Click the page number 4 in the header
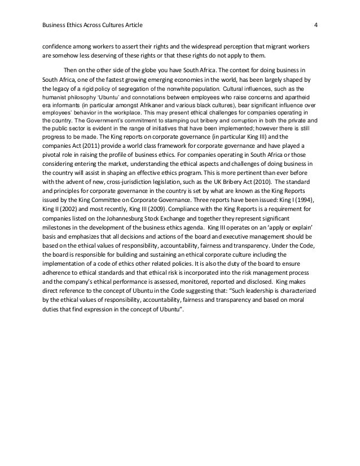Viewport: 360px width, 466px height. pos(316,25)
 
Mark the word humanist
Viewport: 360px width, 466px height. pos(54,97)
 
